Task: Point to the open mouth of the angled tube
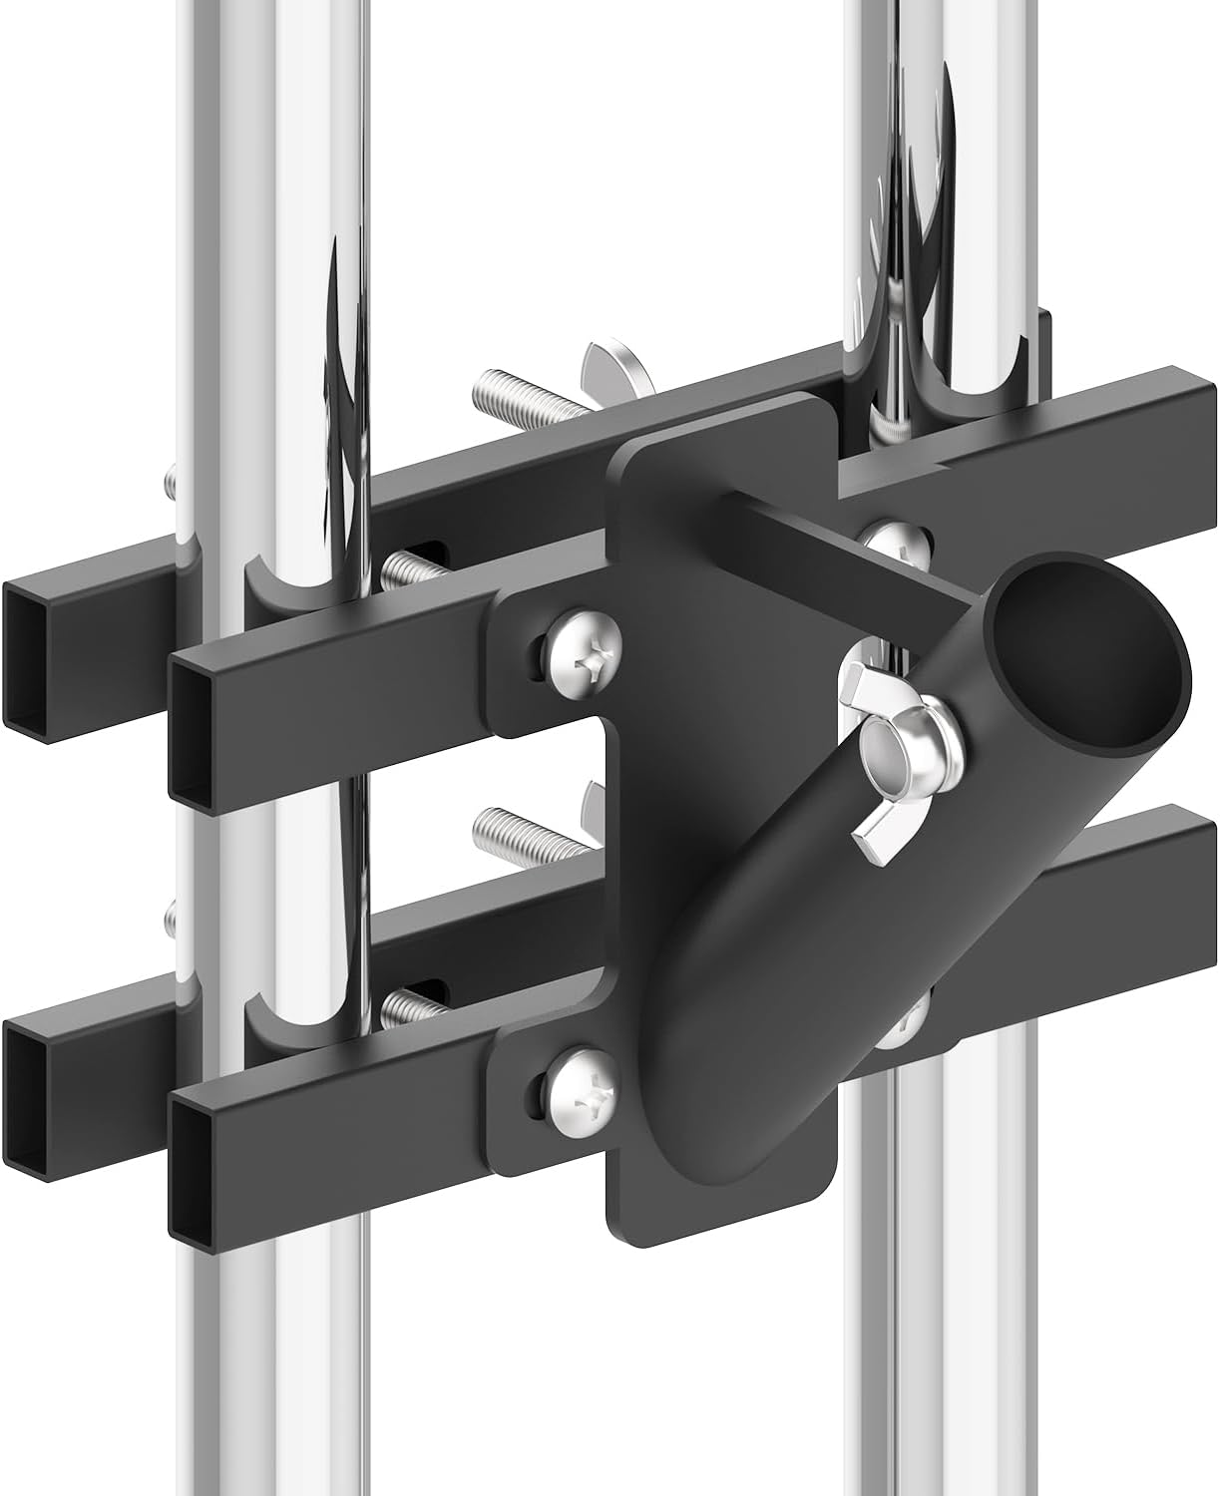tap(1089, 659)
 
